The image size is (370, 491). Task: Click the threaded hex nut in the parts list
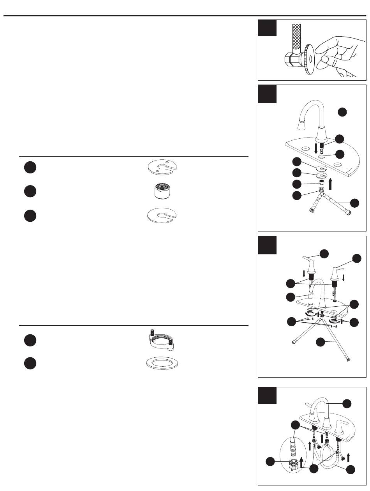coord(159,191)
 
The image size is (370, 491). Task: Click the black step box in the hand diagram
coord(267,28)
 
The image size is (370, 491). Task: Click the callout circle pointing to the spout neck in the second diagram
coord(342,112)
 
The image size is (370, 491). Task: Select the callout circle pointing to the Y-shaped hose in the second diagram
coord(354,203)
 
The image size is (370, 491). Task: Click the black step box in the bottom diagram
coord(267,395)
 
